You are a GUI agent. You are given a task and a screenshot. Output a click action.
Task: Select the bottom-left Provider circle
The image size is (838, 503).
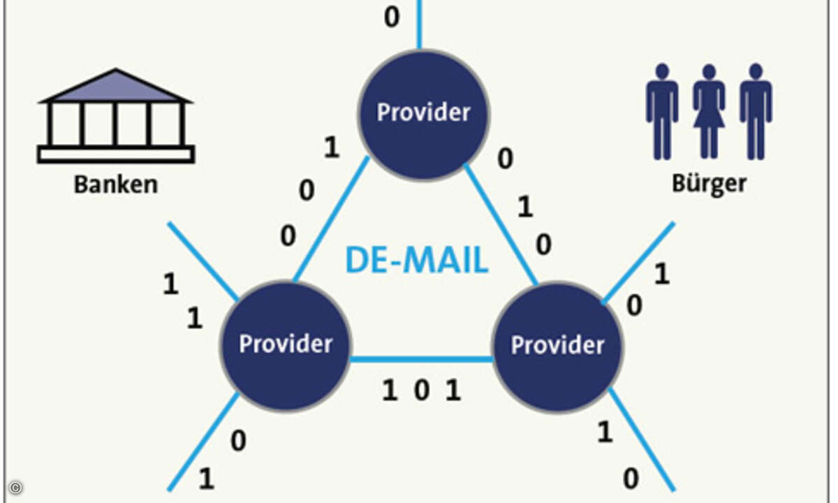[285, 345]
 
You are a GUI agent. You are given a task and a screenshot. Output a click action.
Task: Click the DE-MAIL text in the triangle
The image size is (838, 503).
[416, 261]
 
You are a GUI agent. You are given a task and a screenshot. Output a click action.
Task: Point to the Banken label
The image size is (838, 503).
[116, 185]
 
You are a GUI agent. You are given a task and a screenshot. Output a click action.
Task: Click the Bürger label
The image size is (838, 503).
[709, 184]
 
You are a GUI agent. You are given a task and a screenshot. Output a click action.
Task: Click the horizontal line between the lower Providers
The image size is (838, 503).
[421, 360]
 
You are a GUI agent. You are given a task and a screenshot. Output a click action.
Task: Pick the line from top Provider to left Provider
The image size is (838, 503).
[331, 220]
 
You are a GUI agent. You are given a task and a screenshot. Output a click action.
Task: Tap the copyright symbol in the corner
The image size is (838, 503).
[16, 488]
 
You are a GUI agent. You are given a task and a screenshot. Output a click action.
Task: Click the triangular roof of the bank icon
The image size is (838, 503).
[116, 87]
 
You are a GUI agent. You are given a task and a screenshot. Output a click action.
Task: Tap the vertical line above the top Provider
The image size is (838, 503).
[419, 24]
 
